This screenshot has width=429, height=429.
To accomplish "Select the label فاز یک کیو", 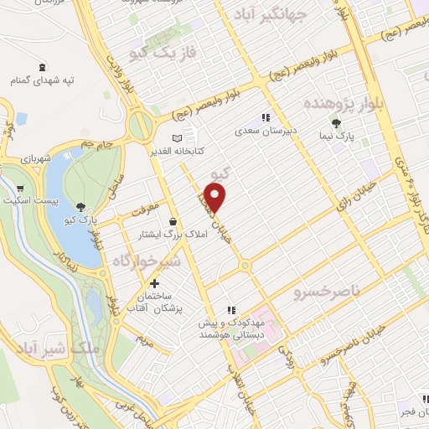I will [x=163, y=53].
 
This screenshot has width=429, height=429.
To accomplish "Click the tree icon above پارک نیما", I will [x=336, y=122].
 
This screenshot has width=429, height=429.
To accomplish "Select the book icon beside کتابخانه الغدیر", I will [x=176, y=138].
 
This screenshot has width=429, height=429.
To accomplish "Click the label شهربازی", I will [x=34, y=157].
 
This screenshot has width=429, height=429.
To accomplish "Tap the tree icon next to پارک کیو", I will [x=80, y=207].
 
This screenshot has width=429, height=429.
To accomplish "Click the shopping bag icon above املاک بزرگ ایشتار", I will [x=173, y=221].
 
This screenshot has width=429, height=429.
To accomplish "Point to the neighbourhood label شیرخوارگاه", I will [x=147, y=261].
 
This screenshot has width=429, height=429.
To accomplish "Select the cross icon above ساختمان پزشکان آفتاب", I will [x=152, y=283].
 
